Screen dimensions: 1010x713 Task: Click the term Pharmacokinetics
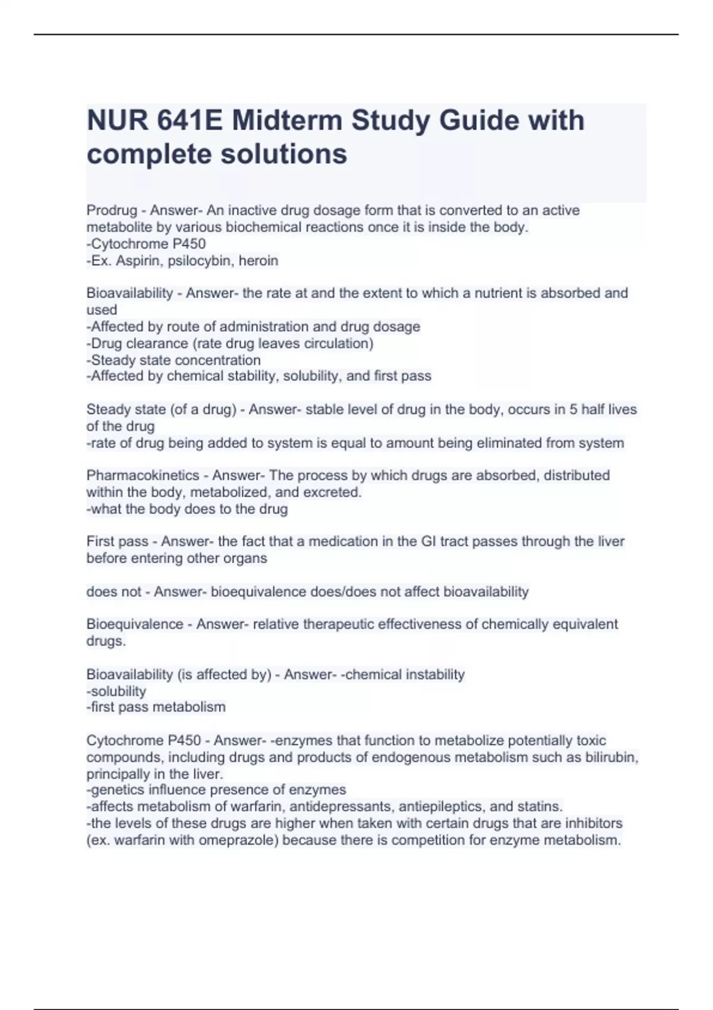[x=143, y=475]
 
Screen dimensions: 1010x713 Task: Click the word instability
[x=434, y=674]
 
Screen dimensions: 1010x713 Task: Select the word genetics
[x=116, y=790]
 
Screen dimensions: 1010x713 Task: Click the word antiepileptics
[x=442, y=807]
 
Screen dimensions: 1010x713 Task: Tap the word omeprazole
[x=238, y=841]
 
